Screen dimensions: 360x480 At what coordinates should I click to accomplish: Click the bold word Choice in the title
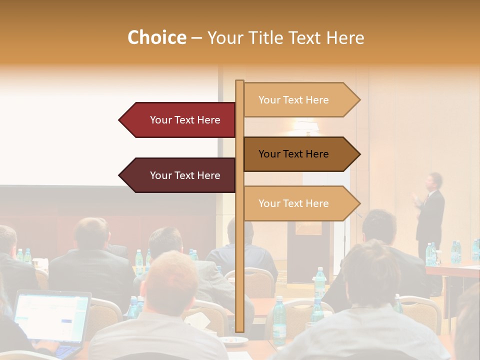156,37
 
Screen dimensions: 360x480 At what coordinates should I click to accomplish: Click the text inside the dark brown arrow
293,154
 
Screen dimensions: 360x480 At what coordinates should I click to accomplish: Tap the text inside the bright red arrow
185,120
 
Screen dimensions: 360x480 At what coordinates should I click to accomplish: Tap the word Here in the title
345,37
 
